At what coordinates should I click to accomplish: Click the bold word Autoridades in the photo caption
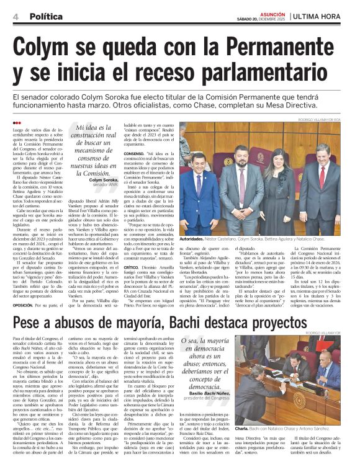(x=196, y=238)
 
